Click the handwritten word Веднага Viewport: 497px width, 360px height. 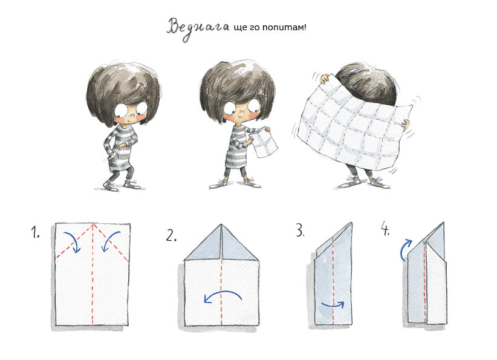click(198, 28)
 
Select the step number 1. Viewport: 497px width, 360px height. click(35, 232)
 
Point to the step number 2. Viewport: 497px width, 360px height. click(171, 236)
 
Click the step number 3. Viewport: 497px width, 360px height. click(300, 230)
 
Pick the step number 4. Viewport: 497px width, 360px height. click(385, 228)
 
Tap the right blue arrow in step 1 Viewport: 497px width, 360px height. click(111, 241)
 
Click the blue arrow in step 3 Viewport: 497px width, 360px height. click(333, 305)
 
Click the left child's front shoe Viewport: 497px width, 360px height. click(110, 186)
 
